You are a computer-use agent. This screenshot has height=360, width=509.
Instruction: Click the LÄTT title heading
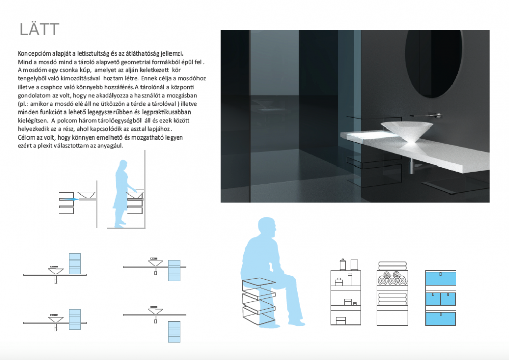click(39, 30)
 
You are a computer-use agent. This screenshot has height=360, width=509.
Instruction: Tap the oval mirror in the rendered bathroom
click(433, 64)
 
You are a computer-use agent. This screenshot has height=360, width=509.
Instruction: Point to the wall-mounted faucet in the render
click(427, 115)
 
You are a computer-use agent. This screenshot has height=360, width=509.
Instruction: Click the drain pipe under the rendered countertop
click(412, 166)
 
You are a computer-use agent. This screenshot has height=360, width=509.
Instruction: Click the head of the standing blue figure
click(123, 164)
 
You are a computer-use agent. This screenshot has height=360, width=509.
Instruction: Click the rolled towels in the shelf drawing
click(392, 278)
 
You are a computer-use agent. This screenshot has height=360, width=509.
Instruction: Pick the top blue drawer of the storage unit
click(440, 279)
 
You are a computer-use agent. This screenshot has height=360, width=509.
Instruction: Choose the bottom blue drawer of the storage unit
click(440, 318)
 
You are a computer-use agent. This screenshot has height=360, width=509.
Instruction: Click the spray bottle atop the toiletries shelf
click(342, 265)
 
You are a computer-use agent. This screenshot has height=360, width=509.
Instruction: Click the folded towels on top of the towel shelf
click(392, 266)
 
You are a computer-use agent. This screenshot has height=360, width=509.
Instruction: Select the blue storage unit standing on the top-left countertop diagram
click(75, 264)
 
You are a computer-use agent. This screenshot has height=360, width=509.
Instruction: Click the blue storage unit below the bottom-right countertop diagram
click(174, 331)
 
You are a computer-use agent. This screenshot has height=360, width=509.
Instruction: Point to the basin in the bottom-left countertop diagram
click(56, 320)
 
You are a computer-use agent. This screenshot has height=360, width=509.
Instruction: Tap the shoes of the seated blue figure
click(296, 323)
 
